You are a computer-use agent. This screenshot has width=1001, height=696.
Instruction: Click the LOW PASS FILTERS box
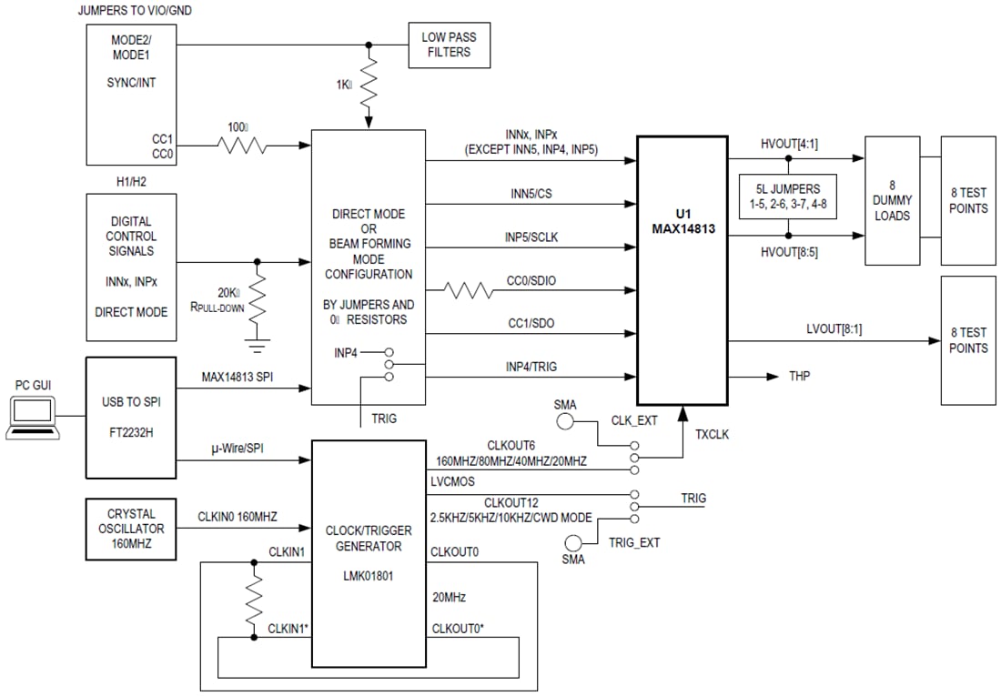tap(449, 45)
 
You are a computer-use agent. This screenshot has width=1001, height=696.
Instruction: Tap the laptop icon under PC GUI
tap(32, 419)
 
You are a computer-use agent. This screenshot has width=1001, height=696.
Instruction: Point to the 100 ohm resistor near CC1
tap(241, 145)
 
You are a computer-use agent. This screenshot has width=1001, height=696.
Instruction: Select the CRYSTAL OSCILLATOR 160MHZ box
tap(130, 529)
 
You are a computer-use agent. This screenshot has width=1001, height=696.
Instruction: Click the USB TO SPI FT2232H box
tap(130, 418)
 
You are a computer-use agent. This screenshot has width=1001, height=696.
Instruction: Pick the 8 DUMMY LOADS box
tap(892, 200)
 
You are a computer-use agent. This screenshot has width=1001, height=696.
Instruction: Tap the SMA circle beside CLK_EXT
tap(565, 421)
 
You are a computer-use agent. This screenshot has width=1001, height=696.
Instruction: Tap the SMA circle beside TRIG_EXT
tap(573, 542)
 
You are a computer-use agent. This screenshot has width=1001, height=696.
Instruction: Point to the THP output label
tap(802, 376)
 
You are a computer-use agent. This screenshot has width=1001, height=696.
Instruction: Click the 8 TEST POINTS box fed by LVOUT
tap(967, 340)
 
